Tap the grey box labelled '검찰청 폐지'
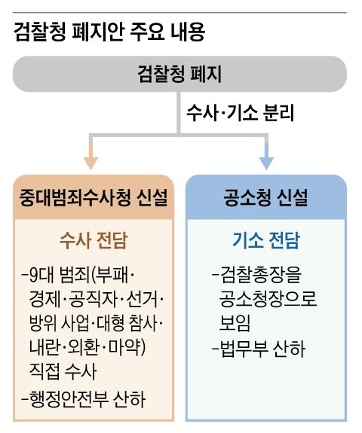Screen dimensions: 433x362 click(x=179, y=73)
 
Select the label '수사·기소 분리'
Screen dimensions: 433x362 click(x=239, y=114)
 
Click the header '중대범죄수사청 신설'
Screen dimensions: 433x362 click(x=94, y=198)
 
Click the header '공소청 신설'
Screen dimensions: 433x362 click(x=265, y=198)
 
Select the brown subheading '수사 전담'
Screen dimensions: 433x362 click(x=94, y=241)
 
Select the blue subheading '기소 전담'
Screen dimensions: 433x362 click(x=265, y=241)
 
